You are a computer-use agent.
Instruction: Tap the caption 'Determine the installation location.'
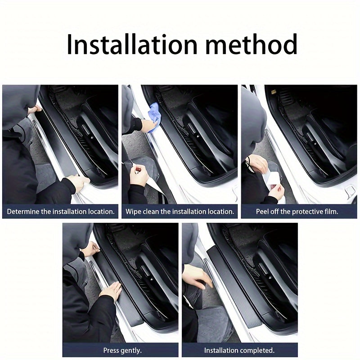(60, 211)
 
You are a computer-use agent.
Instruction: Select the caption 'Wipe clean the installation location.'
(180, 211)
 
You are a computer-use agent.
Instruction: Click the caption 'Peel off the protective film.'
(297, 211)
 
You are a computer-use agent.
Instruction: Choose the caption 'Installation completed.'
(239, 350)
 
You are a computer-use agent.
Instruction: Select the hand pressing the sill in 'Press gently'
(111, 290)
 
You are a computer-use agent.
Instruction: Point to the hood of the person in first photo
(20, 106)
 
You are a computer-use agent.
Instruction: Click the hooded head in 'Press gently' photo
(76, 243)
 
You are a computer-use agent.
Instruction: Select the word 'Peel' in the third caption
(264, 211)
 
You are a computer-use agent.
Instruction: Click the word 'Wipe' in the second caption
(134, 211)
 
